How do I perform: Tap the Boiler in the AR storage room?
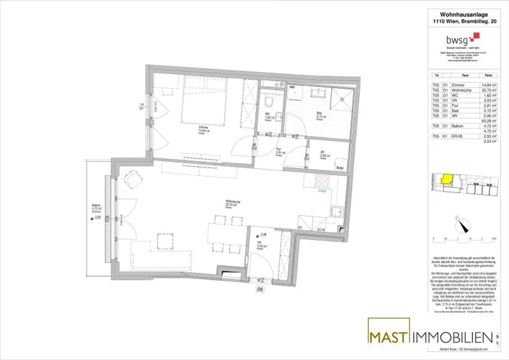[x=340, y=166]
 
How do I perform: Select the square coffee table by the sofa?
[x=164, y=241]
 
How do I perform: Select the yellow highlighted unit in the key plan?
[x=447, y=178]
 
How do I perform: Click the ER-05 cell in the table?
[x=459, y=136]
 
